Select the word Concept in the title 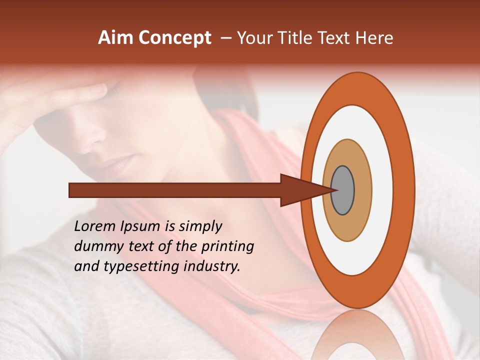174,38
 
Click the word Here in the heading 375,38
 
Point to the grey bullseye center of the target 343,190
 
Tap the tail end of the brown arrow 70,190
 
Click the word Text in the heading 337,38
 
